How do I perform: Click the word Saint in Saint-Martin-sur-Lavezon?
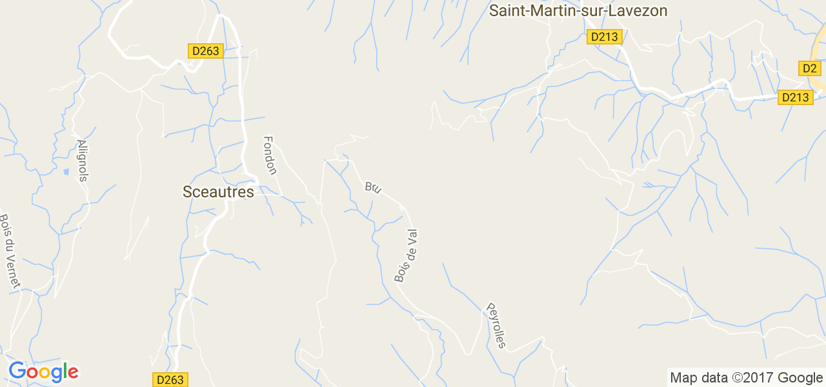506,11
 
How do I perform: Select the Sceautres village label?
218,192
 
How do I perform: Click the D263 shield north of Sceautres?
206,51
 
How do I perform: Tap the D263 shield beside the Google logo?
170,380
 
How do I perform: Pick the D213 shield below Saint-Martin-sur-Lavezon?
605,37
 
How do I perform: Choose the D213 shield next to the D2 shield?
794,97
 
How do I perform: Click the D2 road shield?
809,68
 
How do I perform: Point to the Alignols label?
82,160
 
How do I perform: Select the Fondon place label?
270,155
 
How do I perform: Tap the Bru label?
373,188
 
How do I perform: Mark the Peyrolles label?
496,326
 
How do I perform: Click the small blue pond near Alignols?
66,172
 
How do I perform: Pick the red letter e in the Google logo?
73,373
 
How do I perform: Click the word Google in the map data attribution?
800,378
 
